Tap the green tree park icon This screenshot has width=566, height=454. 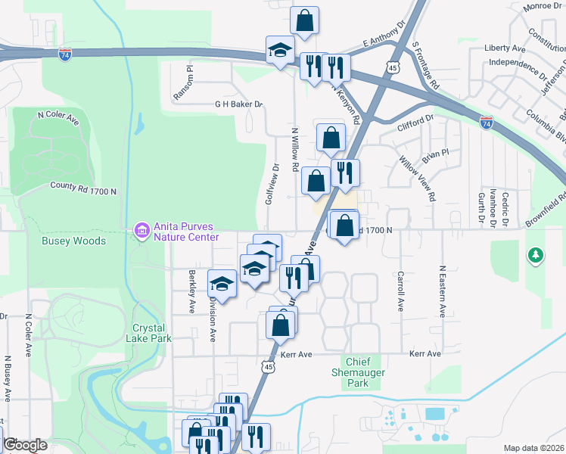(536, 255)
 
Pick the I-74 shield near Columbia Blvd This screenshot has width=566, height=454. (487, 121)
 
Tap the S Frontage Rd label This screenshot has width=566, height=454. (426, 67)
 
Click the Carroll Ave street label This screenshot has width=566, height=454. (400, 288)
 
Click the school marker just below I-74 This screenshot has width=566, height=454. (280, 51)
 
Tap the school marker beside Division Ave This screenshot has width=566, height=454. (222, 284)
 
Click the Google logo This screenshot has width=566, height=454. (25, 445)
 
